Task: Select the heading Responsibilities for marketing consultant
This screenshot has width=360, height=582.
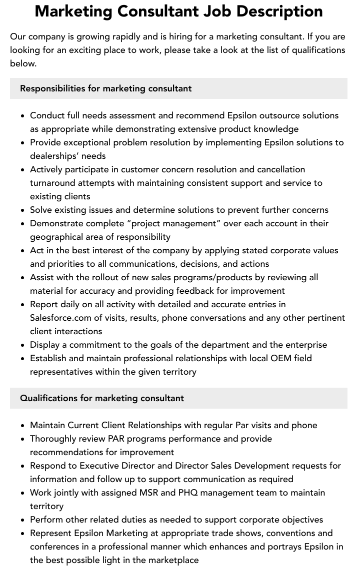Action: pos(105,88)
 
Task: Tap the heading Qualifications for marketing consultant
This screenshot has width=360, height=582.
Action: pos(102,398)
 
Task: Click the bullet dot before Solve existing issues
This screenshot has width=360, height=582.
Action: pos(23,210)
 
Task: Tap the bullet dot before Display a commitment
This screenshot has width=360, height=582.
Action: pos(23,345)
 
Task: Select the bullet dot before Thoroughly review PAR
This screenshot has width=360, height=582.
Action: pos(23,439)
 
